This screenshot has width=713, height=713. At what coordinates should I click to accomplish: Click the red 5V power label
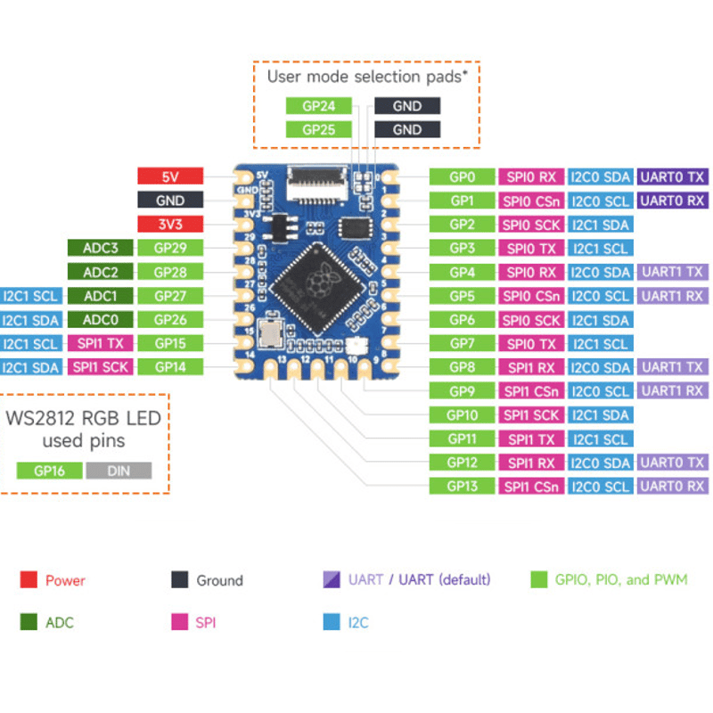[170, 176]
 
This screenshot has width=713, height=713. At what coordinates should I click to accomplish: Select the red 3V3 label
[170, 225]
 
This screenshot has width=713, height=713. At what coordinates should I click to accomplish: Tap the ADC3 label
[101, 248]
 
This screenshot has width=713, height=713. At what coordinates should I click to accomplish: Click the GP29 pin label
[170, 248]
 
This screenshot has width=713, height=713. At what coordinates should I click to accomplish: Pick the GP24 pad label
[318, 105]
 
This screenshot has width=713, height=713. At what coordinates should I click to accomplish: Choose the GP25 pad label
[318, 129]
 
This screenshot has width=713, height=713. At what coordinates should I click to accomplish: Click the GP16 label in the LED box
[49, 471]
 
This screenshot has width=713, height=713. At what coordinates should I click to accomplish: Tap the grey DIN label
[119, 471]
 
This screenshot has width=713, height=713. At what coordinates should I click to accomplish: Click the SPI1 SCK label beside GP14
[101, 366]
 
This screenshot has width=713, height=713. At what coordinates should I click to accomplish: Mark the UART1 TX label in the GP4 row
[673, 272]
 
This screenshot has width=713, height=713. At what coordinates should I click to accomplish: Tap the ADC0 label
[101, 319]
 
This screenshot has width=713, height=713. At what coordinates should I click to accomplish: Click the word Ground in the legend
[219, 580]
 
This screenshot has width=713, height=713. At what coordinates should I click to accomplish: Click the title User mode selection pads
[366, 77]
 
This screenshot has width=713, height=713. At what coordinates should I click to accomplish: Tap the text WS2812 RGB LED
[84, 417]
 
